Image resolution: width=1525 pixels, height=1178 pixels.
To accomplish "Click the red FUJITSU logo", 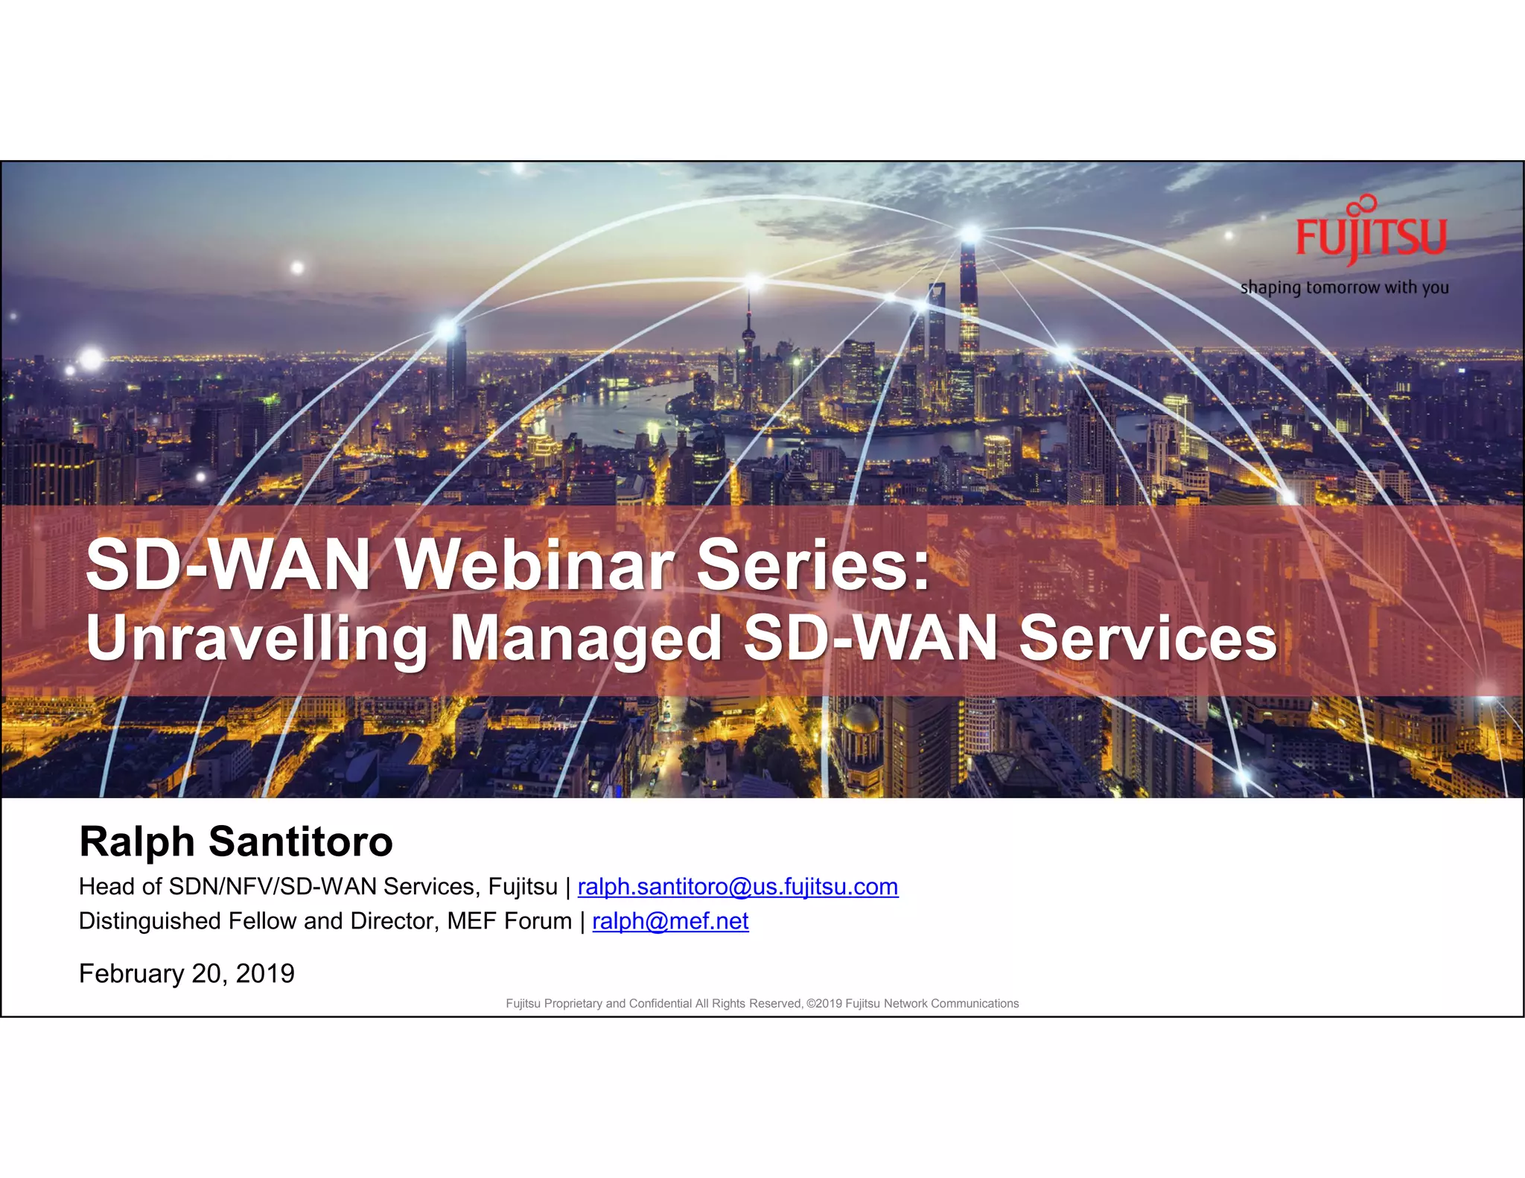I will (1370, 237).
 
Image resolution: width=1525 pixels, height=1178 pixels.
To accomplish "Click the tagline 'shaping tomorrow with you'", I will (1344, 287).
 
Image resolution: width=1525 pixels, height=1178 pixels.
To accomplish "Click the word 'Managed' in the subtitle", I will (585, 639).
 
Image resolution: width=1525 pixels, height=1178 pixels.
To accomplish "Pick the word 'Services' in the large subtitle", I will (1147, 639).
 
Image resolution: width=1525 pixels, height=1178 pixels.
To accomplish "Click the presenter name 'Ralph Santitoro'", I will (236, 841).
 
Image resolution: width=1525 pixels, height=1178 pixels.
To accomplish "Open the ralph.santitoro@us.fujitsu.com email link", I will (737, 887).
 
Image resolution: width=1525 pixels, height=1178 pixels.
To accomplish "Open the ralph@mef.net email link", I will (670, 921).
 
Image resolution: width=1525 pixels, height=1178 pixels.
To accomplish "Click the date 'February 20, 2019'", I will (187, 973).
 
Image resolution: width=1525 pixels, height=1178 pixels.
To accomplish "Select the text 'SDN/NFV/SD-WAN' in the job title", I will (273, 887).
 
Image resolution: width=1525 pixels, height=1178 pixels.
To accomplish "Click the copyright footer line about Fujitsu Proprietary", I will (762, 1004).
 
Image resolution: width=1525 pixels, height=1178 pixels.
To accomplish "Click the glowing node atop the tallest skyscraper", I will (970, 234).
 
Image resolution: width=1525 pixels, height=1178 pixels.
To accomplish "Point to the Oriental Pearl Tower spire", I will (748, 328).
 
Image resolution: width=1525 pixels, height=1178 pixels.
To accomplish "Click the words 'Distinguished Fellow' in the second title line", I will (188, 921).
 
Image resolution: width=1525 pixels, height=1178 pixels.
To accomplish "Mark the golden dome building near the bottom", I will (860, 719).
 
